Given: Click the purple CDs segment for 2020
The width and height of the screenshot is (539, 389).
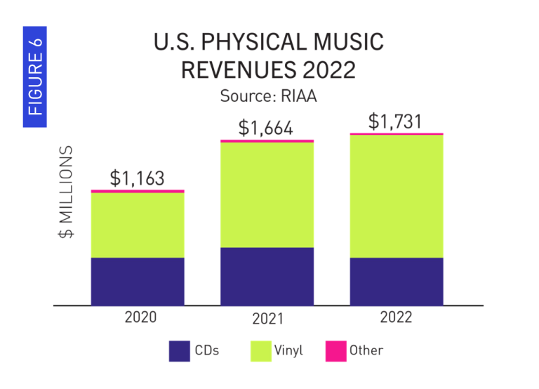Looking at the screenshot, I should (x=138, y=282).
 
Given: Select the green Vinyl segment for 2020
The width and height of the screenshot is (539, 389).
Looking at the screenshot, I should (x=138, y=225).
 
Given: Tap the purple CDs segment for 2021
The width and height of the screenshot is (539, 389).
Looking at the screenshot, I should (x=267, y=276).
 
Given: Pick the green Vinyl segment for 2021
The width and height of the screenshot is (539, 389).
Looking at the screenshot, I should (x=267, y=194).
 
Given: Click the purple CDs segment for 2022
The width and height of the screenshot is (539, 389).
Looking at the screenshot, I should (x=397, y=282).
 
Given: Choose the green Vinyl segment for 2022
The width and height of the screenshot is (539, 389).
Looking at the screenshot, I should (x=397, y=196).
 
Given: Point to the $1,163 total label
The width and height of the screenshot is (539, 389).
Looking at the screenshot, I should (x=138, y=178).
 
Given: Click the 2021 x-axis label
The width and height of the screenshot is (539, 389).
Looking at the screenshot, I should (x=267, y=319).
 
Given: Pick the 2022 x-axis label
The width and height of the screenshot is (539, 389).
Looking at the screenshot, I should (x=397, y=317).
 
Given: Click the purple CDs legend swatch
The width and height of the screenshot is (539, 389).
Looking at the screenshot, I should (x=180, y=350).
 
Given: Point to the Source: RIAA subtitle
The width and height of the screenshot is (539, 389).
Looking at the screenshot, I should (x=269, y=95).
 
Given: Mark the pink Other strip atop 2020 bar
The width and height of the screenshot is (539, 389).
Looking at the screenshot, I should (x=138, y=191).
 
